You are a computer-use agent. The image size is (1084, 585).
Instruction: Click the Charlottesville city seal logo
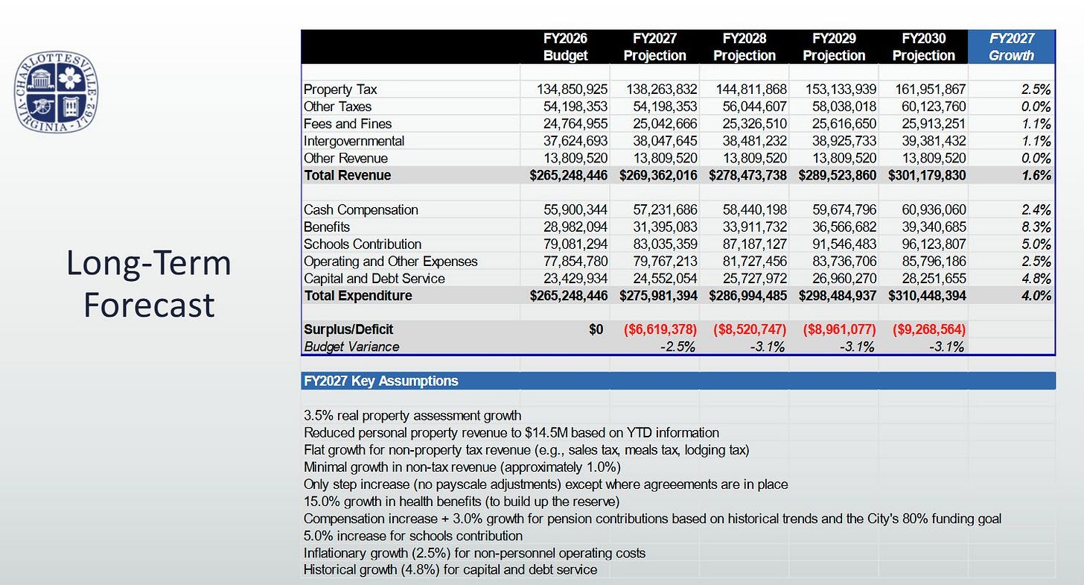(x=56, y=93)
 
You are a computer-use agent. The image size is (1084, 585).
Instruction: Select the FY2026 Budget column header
(x=566, y=47)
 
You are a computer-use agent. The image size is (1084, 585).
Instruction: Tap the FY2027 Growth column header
(x=1011, y=47)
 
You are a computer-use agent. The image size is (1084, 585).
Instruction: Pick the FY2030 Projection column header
(x=923, y=47)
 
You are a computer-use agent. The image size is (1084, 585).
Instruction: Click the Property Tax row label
(x=340, y=89)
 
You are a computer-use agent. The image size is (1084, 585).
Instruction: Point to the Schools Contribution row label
(x=363, y=244)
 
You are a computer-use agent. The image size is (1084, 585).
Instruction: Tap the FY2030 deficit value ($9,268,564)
(x=923, y=329)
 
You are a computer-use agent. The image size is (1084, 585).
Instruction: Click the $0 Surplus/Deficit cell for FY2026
(x=596, y=329)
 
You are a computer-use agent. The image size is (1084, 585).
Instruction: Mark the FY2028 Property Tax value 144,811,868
(x=745, y=89)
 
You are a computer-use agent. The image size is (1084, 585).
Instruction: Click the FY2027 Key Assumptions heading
(x=380, y=381)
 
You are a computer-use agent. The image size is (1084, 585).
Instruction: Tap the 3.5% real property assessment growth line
(x=412, y=415)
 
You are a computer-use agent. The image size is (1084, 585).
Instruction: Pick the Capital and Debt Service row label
(x=374, y=279)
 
